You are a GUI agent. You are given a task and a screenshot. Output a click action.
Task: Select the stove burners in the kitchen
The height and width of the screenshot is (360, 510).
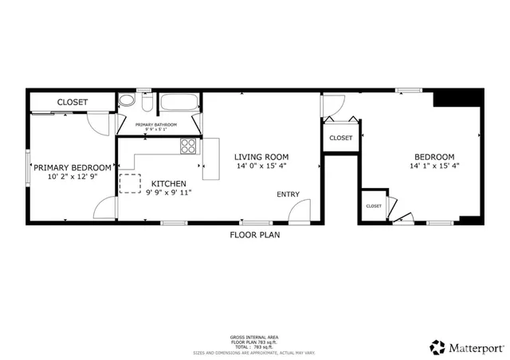point(188,146)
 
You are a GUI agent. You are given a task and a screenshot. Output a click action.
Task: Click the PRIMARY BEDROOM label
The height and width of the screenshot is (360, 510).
point(72,167)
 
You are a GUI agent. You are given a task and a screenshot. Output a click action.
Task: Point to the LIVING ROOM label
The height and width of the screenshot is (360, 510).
point(261,157)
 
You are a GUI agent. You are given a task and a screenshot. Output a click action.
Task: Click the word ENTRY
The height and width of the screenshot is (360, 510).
point(288,195)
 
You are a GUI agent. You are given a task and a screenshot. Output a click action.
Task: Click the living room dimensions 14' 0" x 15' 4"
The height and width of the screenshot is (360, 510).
point(261,166)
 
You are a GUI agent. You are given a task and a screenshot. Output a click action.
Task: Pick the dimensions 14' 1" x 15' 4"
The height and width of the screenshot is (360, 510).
point(434,166)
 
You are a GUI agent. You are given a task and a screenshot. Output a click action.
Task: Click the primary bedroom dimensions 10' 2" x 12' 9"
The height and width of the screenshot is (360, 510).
point(72,177)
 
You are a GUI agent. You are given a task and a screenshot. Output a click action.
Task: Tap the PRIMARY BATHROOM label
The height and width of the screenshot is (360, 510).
point(155,125)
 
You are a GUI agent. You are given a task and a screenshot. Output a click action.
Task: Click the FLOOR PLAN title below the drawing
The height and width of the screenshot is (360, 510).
point(254,235)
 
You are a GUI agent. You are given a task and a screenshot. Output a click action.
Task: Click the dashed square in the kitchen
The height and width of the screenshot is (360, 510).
point(129,183)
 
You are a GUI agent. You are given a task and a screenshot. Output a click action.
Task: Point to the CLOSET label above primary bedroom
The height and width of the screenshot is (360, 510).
point(72,103)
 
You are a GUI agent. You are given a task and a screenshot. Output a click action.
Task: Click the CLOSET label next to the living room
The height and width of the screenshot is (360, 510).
point(340,138)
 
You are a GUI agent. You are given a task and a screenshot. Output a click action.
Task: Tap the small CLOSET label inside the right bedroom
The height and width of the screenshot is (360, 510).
point(374,206)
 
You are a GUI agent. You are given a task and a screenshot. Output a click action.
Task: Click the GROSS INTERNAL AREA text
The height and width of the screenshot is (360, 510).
point(254,338)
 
